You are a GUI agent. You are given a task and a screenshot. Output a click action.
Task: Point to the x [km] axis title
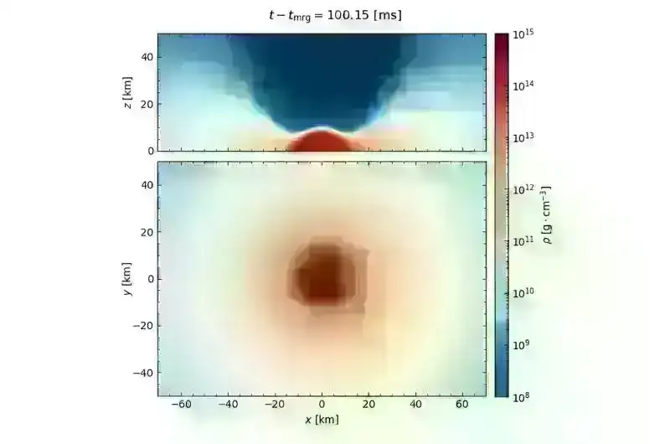point(321,419)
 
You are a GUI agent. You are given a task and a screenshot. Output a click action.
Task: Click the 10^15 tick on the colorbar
point(524,34)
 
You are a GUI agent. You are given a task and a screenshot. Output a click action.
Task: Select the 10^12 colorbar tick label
point(524,189)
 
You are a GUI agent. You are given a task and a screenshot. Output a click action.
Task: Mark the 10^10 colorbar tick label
point(524,292)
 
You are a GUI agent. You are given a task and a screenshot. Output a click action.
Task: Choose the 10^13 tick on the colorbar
point(524,137)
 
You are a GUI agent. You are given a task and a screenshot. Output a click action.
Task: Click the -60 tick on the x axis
point(180,405)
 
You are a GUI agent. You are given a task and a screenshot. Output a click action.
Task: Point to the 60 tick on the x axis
point(462,405)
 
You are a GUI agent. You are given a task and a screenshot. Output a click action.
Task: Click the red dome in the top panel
point(322,142)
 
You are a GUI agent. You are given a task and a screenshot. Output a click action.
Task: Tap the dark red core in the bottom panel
point(323,276)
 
